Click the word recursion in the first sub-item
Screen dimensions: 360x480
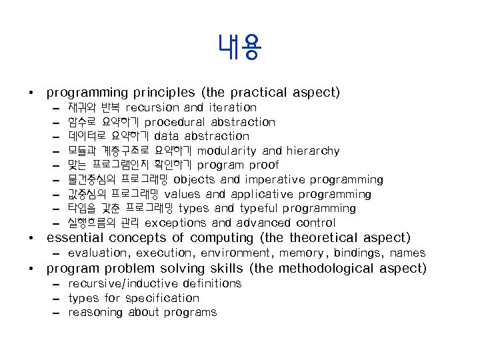pos(152,107)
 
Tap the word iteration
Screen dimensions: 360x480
pos(232,107)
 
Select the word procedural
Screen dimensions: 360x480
pos(175,122)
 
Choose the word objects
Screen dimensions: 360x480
pos(195,180)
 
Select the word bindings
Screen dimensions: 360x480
pos(359,253)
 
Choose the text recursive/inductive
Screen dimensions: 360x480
pos(124,283)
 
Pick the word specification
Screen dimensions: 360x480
pos(162,298)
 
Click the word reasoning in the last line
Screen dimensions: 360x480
pos(93,313)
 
